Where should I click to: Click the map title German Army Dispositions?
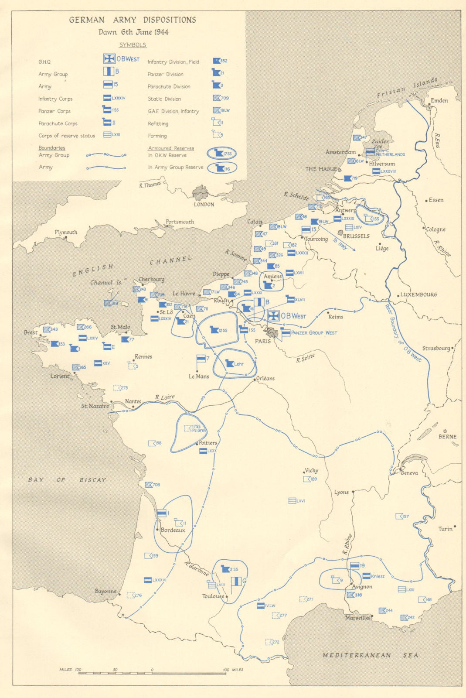tap(133, 20)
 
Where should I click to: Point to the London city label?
tap(204, 204)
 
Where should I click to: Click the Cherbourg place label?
tap(151, 279)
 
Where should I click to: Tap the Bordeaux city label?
tap(173, 530)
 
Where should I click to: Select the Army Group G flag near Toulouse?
tap(236, 581)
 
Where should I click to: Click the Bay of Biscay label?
tap(67, 480)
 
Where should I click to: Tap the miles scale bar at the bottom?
tap(152, 673)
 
